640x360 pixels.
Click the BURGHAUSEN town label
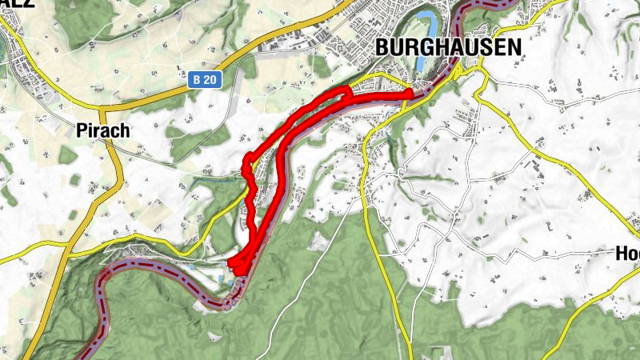[448, 48]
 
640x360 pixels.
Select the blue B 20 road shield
[205, 80]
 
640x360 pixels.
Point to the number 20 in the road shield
[210, 80]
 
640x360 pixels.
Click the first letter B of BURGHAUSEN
[382, 48]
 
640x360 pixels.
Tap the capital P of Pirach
[82, 132]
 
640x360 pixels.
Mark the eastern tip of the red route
[410, 94]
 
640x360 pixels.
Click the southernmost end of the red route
[238, 273]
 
